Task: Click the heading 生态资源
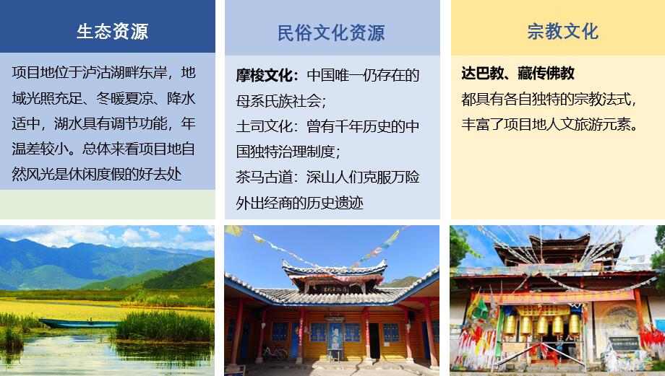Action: click(112, 32)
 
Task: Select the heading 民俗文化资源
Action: click(331, 33)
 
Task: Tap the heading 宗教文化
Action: click(562, 31)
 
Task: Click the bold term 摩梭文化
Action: click(264, 75)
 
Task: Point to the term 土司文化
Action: click(264, 126)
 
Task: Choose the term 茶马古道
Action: click(264, 177)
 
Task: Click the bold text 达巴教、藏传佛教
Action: click(518, 74)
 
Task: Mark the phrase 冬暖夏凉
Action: click(124, 98)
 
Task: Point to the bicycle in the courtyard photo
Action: click(275, 352)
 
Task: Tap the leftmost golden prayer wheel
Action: click(510, 325)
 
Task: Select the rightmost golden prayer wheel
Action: click(574, 325)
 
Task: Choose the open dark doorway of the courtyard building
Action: click(374, 340)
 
